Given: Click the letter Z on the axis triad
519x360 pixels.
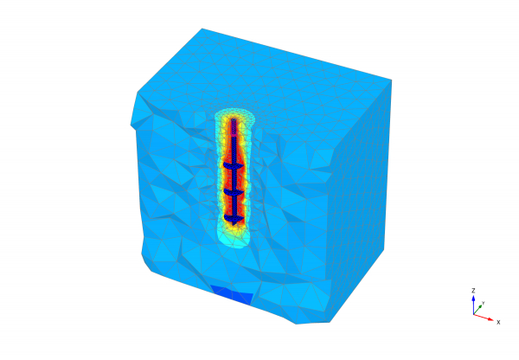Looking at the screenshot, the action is click(x=473, y=291).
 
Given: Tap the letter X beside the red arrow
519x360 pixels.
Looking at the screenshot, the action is click(x=498, y=322).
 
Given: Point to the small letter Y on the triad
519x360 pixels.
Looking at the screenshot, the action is click(x=484, y=303).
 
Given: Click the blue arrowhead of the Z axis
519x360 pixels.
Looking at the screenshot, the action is click(x=473, y=299).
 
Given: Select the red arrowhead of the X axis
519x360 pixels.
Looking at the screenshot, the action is click(x=490, y=319).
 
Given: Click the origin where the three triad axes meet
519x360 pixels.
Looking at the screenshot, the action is click(x=474, y=314).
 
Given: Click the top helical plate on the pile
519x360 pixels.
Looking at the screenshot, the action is click(x=234, y=165).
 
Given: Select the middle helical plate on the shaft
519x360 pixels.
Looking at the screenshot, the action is click(x=234, y=192).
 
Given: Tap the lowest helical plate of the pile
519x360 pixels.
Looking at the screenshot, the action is click(x=234, y=218).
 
